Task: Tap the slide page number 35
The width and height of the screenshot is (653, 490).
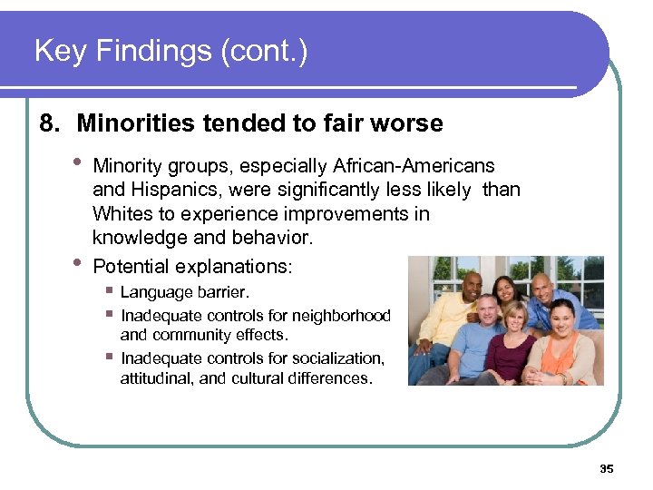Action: pyautogui.click(x=607, y=469)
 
